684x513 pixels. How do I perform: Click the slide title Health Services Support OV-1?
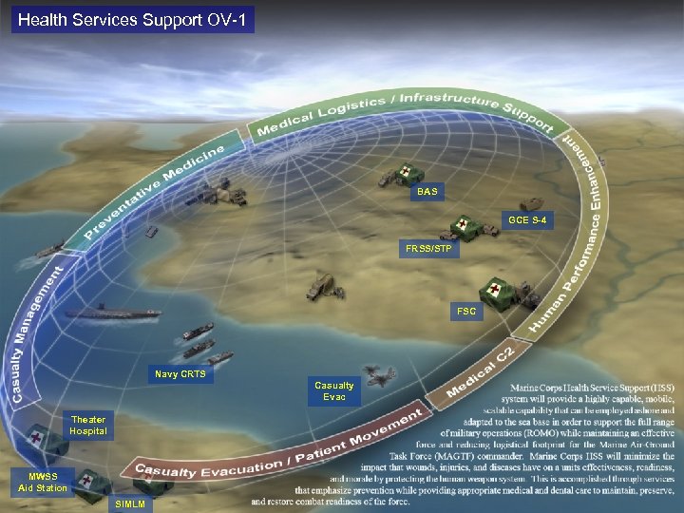tap(132, 19)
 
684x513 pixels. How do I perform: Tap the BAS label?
tap(427, 192)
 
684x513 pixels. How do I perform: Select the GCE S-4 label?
tap(527, 221)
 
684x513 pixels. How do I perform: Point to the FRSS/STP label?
tap(429, 250)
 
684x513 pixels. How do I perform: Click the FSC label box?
tap(466, 311)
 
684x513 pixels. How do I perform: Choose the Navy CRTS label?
tap(179, 375)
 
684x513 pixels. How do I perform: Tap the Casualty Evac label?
tap(333, 390)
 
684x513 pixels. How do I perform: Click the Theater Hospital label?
tap(88, 426)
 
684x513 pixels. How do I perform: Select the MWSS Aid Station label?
tap(42, 482)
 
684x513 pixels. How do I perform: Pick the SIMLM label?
tap(129, 503)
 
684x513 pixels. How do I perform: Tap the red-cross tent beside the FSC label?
tap(497, 291)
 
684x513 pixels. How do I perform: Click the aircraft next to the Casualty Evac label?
tap(379, 377)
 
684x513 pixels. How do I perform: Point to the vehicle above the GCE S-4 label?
tap(531, 202)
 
